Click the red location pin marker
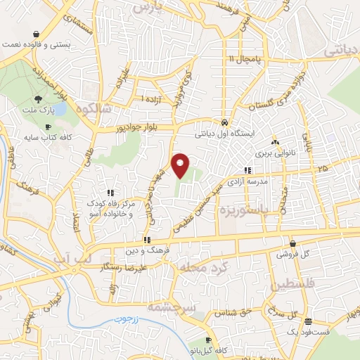point(181,165)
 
